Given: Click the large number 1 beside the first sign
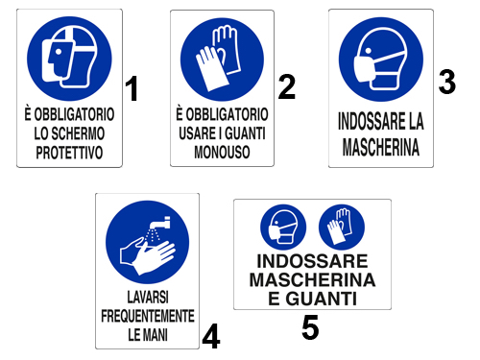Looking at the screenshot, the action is (132, 88).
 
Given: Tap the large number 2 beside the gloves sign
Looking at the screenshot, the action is (287, 86).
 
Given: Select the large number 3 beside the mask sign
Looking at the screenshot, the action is (447, 82).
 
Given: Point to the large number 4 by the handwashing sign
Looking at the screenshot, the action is (211, 336).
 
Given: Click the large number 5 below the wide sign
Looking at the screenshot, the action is (310, 326).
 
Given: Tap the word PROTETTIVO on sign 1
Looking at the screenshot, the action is (69, 153).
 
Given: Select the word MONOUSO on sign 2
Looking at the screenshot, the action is (222, 152).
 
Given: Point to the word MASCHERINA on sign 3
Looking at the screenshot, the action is (381, 147).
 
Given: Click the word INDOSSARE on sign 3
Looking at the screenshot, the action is (371, 121).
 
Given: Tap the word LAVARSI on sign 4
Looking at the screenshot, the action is (148, 297).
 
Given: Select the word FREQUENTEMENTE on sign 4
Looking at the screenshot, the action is (148, 316).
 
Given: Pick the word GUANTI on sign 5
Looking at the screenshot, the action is (322, 299).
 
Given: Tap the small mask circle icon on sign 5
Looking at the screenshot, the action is (283, 228).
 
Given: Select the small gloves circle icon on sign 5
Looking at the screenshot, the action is (342, 228).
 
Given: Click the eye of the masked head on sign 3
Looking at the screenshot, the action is (369, 51).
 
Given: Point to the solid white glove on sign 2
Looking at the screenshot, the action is (211, 69).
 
